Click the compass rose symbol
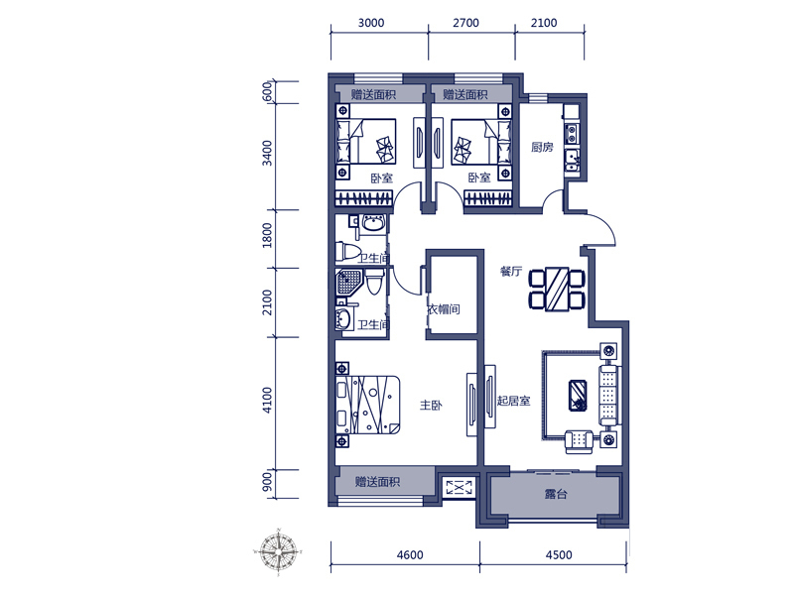pyautogui.click(x=278, y=551)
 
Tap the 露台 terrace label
pyautogui.click(x=556, y=494)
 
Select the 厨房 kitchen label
pyautogui.click(x=542, y=147)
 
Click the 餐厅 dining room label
pyautogui.click(x=511, y=271)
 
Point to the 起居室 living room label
pyautogui.click(x=513, y=401)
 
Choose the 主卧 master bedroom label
pyautogui.click(x=431, y=405)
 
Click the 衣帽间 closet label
pyautogui.click(x=444, y=309)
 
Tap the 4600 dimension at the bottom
pyautogui.click(x=410, y=555)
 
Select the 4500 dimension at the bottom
pyautogui.click(x=559, y=555)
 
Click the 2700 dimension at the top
pyautogui.click(x=465, y=23)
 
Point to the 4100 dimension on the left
pyautogui.click(x=267, y=401)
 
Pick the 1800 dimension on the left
pyautogui.click(x=267, y=235)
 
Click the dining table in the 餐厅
pyautogui.click(x=557, y=289)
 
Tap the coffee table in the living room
pyautogui.click(x=578, y=395)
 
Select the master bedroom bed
pyautogui.click(x=367, y=405)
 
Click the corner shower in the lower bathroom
pyautogui.click(x=349, y=282)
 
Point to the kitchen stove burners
pyautogui.click(x=572, y=134)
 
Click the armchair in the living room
pyautogui.click(x=579, y=441)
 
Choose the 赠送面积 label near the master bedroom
pyautogui.click(x=377, y=481)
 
